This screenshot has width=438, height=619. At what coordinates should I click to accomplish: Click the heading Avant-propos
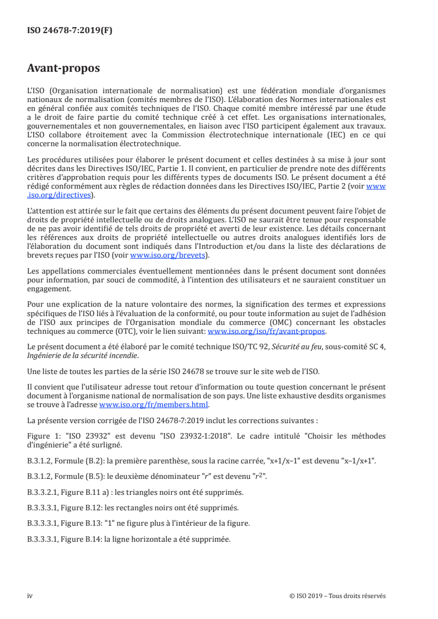pos(64,69)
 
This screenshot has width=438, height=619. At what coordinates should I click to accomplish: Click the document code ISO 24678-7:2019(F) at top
pos(70,31)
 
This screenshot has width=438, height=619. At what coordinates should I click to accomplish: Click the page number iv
pos(30,595)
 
